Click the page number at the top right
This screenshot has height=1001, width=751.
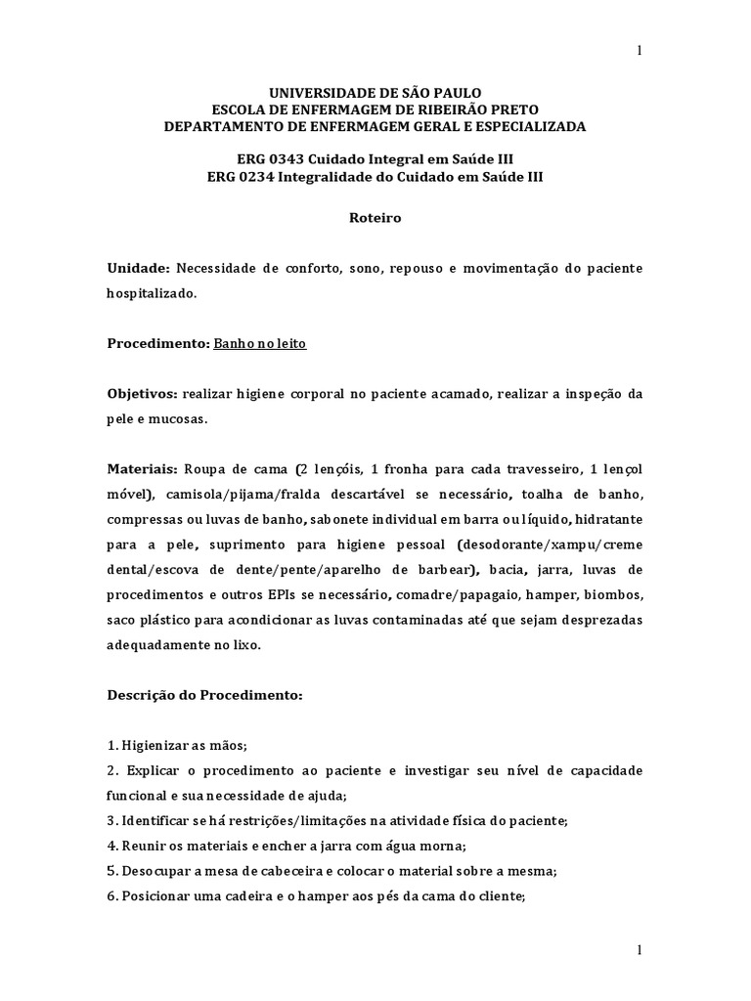(x=639, y=52)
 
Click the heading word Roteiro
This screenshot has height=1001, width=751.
(x=375, y=219)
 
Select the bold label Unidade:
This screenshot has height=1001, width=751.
(x=139, y=268)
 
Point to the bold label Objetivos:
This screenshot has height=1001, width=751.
(x=142, y=394)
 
